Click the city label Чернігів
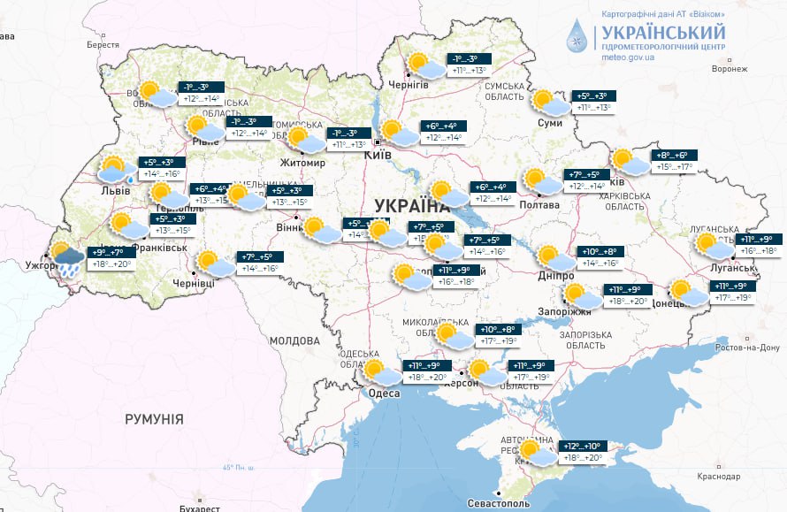click(409, 85)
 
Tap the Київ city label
click(378, 155)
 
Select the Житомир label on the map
click(303, 164)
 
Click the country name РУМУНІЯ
click(154, 418)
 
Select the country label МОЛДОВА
click(288, 340)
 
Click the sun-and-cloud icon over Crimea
click(535, 453)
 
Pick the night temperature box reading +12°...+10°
click(581, 446)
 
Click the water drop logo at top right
click(577, 37)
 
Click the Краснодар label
click(717, 477)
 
